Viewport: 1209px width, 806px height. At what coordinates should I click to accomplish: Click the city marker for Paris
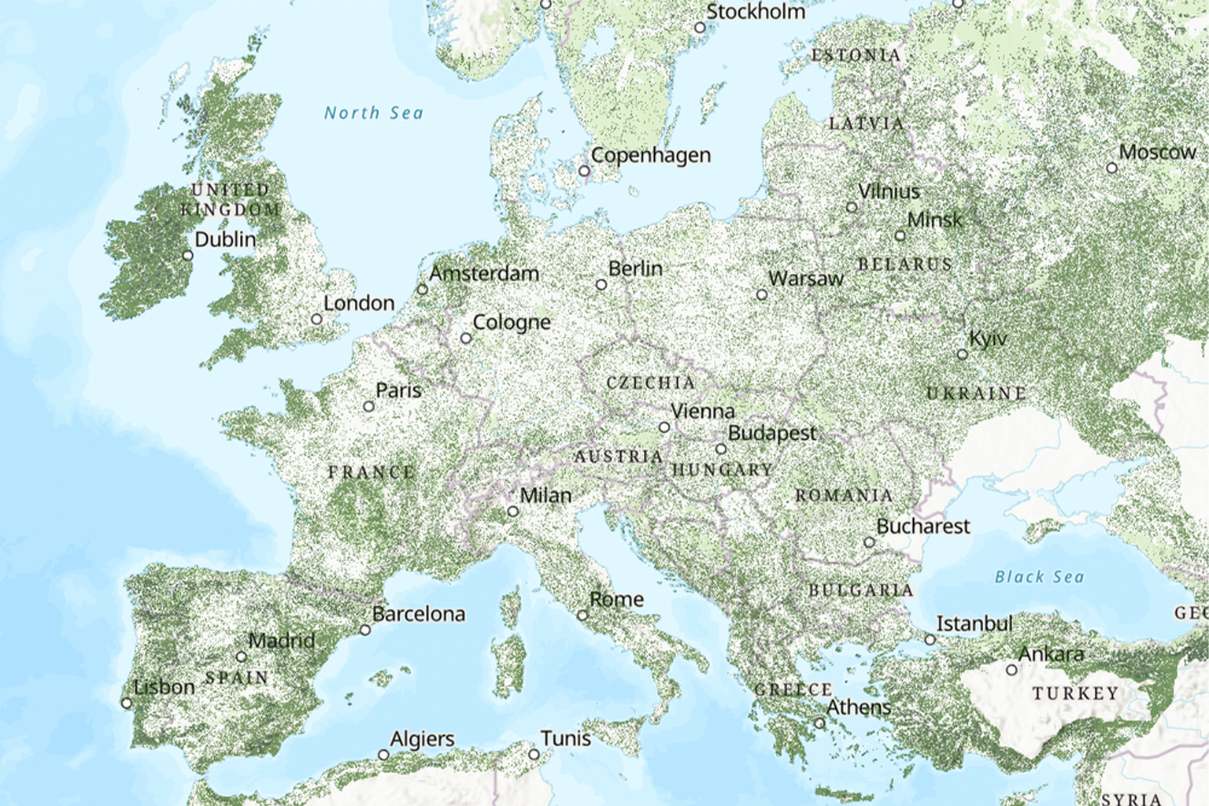[368, 407]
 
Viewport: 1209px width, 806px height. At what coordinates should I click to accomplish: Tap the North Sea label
[374, 113]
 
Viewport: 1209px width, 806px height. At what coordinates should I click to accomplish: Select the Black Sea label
[1039, 577]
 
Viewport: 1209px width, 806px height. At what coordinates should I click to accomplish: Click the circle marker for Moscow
[1111, 168]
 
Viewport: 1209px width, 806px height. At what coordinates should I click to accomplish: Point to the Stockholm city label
[756, 12]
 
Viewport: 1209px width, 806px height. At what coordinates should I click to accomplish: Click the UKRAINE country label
[976, 393]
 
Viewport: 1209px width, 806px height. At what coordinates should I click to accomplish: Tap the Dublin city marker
[187, 255]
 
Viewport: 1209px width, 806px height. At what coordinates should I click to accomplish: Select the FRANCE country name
[371, 472]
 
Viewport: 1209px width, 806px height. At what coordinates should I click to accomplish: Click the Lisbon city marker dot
[127, 703]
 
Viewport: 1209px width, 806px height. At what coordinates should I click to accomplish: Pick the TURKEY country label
[1075, 693]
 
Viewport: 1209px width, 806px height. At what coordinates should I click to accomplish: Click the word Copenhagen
[651, 155]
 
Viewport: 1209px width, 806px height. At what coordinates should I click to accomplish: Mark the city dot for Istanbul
[930, 640]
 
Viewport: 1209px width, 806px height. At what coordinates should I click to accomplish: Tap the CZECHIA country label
[650, 383]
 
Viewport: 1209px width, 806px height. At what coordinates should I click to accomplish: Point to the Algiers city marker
[383, 755]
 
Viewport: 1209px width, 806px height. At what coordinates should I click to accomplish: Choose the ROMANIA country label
[844, 496]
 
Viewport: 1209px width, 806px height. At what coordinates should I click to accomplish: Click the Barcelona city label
[419, 614]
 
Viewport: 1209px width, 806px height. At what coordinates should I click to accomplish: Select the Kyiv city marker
[962, 354]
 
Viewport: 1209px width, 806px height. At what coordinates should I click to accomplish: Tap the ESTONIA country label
[856, 55]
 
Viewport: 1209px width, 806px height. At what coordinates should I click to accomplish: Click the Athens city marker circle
[819, 723]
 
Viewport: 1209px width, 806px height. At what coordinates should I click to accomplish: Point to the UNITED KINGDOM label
[231, 200]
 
